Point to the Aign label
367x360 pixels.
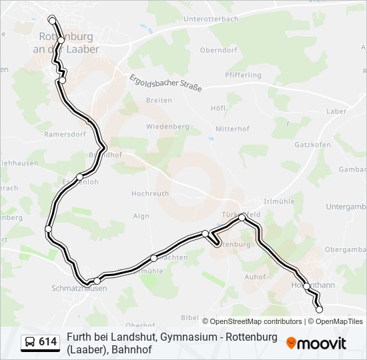tap(141, 216)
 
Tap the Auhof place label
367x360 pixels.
tap(256, 277)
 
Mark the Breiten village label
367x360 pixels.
tap(159, 100)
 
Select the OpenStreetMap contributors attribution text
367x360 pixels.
tap(252, 321)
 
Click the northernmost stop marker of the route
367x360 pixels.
tap(53, 21)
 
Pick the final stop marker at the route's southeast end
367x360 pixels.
tap(319, 309)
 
